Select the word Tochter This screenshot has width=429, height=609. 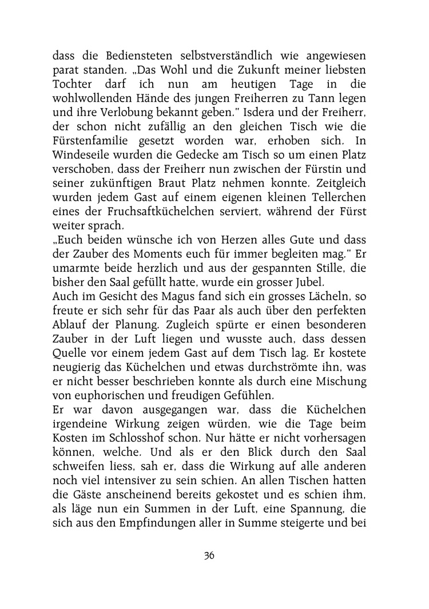73,86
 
